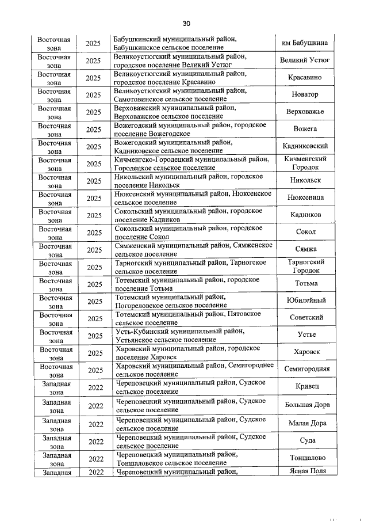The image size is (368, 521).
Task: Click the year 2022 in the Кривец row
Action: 95,387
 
